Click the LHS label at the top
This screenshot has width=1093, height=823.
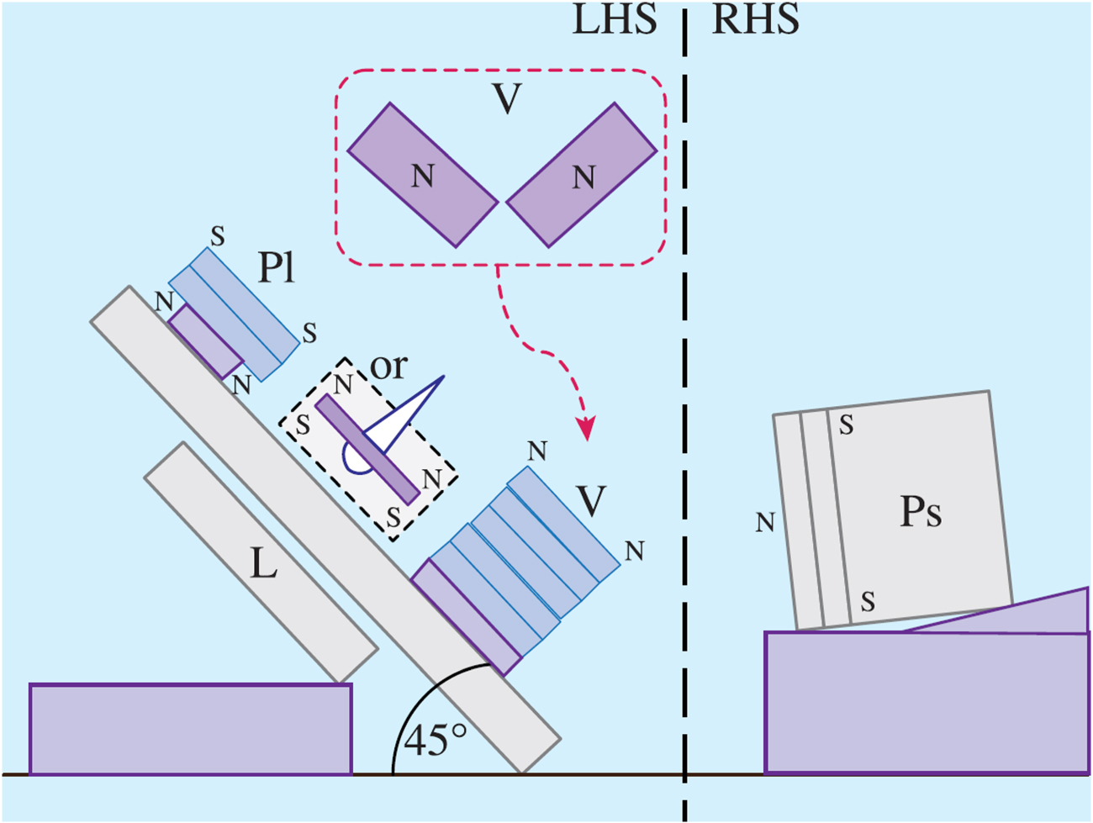[x=614, y=19]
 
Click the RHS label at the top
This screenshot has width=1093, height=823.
[x=755, y=19]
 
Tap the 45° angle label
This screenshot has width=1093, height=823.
[x=435, y=741]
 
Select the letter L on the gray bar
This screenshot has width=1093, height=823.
[x=264, y=565]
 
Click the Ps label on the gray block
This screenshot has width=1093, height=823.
[x=921, y=511]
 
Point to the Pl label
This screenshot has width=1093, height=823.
[x=277, y=268]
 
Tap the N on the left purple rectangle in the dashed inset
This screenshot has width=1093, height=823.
[x=422, y=177]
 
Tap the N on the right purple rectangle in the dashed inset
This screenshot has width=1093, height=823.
[x=583, y=177]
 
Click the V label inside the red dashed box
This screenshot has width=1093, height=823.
[x=507, y=99]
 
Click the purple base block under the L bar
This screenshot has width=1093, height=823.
[x=190, y=729]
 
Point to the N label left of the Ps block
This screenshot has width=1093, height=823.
[x=764, y=524]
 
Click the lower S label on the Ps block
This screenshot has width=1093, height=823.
[x=868, y=602]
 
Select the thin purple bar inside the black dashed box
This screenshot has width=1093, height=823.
[x=367, y=449]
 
